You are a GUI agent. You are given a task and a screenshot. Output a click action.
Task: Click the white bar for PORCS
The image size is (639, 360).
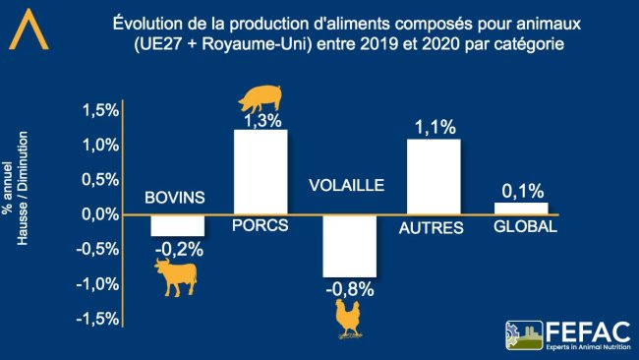tap(261, 172)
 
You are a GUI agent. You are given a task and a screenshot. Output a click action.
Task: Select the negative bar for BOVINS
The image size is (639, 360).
tap(178, 225)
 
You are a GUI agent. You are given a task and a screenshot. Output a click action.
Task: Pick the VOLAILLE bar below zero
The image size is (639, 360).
tap(349, 246)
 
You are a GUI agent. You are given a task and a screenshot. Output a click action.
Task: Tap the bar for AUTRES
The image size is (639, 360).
tap(434, 176)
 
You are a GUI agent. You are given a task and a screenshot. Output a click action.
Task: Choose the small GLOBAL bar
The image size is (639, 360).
tap(521, 209)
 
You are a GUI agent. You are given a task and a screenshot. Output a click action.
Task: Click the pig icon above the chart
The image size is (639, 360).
tap(261, 98)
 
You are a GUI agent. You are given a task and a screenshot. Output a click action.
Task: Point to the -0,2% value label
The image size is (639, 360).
tap(178, 250)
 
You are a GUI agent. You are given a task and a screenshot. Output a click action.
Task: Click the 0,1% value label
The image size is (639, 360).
tap(521, 192)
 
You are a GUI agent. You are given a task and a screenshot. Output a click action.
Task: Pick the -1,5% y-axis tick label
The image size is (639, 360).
tap(97, 319)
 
